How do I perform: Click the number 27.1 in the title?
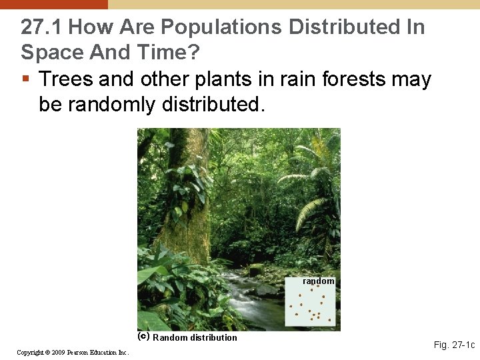[x=41, y=27]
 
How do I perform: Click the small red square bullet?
[x=25, y=79]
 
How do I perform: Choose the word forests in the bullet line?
[x=354, y=79]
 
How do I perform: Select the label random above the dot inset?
[x=319, y=281]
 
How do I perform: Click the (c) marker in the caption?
[x=143, y=337]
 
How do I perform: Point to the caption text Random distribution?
[x=195, y=337]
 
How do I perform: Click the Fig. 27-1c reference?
[x=454, y=345]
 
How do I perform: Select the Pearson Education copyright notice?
[x=73, y=352]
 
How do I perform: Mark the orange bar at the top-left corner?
[x=53, y=4]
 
